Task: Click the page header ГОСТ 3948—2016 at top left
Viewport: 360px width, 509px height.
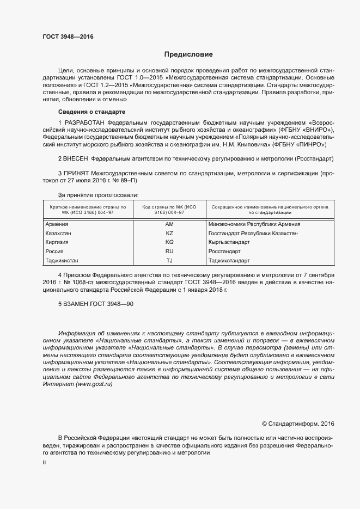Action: [68, 38]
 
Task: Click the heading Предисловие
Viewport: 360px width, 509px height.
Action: [188, 55]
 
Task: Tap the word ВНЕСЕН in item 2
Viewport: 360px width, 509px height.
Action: [76, 158]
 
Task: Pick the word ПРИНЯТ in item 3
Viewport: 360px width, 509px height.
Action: [76, 173]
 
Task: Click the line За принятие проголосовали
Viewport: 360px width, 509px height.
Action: [98, 195]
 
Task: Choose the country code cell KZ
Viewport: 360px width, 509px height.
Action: [169, 233]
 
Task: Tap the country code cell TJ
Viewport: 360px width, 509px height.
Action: [169, 260]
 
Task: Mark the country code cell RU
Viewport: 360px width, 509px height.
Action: [169, 251]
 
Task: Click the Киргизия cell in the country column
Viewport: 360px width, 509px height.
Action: [58, 242]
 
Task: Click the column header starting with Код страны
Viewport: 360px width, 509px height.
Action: [169, 210]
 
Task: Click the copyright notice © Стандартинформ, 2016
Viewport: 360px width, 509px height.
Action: [298, 424]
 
